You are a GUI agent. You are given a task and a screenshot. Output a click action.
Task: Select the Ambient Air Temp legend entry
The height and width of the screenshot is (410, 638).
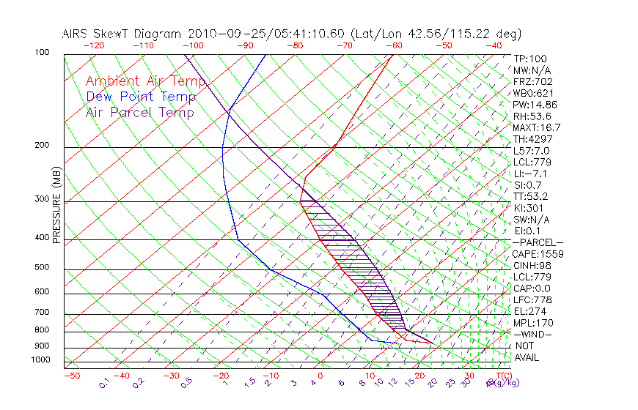[x=145, y=81]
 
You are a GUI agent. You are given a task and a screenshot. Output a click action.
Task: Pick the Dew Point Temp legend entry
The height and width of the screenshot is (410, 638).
[x=141, y=97]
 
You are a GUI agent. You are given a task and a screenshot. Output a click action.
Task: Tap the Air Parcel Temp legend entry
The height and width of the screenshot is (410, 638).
[x=140, y=112]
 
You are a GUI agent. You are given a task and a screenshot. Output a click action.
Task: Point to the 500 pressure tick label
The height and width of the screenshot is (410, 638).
[x=43, y=268]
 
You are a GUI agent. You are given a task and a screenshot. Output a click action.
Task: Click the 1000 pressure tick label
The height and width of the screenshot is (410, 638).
[x=40, y=359]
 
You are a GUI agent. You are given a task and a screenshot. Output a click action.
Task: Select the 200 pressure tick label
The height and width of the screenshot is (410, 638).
[x=43, y=145]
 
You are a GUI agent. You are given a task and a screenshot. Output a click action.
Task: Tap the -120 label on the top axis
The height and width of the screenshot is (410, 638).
[x=93, y=45]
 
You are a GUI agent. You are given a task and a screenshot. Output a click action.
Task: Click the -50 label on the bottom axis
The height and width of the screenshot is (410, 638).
[x=71, y=376]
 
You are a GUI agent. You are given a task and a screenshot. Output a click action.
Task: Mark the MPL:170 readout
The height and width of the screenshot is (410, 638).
[x=532, y=323]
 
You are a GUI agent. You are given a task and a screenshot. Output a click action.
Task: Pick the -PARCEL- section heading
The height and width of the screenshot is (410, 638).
[x=538, y=242]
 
